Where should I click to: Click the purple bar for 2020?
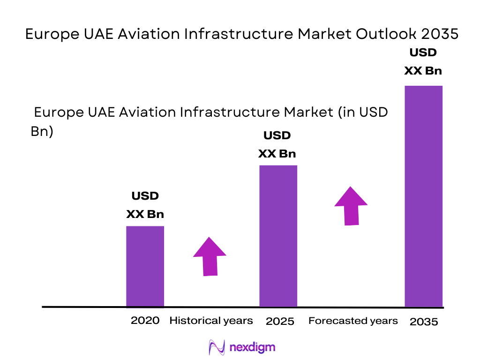point(145,266)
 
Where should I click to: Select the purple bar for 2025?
point(278,236)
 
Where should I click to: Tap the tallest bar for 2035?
point(423,196)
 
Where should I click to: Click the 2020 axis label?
point(145,321)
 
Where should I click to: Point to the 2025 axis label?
point(280,321)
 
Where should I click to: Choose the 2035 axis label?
point(424,322)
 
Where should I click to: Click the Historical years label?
point(211,321)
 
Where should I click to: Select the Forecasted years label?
point(353,321)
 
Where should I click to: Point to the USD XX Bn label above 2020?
point(145,205)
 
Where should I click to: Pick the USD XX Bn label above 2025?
point(277,145)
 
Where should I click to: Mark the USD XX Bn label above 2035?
point(423,61)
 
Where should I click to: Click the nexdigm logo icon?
point(217,347)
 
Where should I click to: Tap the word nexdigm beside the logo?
point(253,347)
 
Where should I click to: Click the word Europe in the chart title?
point(49,35)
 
